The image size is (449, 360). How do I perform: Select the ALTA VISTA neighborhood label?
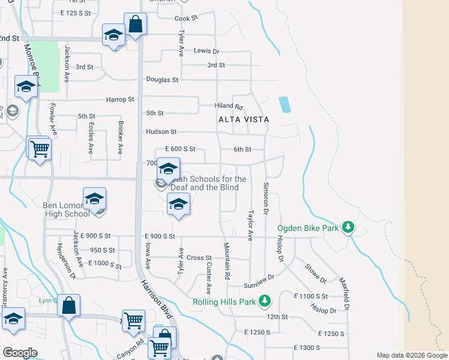(243, 119)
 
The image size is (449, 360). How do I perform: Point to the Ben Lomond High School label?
(67, 209)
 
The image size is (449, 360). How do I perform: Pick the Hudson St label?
(161, 131)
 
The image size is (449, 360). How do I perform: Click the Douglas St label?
(163, 79)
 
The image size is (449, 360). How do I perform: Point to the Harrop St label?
(120, 99)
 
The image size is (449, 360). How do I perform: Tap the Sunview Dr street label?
(259, 277)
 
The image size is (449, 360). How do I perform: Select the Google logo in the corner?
(19, 353)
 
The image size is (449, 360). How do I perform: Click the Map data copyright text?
(411, 355)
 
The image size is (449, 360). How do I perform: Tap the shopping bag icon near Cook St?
(136, 26)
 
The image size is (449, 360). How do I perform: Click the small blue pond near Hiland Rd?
(285, 104)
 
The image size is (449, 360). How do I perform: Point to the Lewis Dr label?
(206, 52)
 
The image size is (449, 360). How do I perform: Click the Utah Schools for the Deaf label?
(208, 183)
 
